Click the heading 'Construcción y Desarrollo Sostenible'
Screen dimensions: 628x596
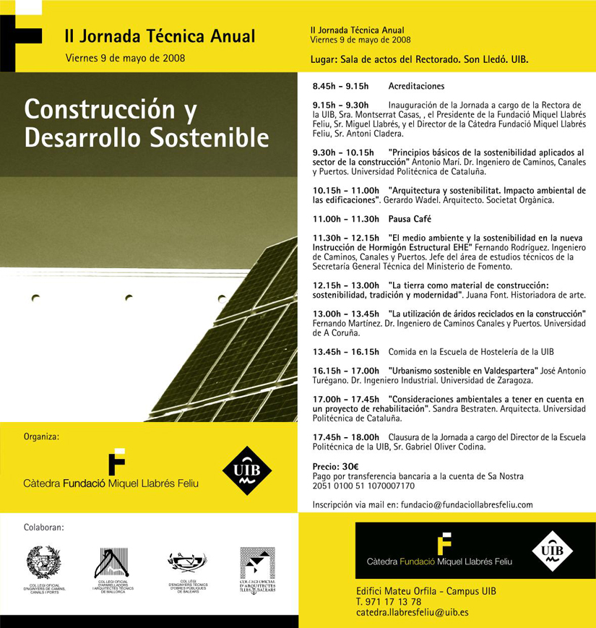(146, 123)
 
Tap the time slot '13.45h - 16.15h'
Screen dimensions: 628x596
(345, 352)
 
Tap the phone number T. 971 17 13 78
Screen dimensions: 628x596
(388, 601)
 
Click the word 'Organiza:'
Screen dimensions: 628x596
(41, 436)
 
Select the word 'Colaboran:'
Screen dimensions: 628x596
(43, 528)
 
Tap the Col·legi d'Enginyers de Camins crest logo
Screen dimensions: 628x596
(43, 562)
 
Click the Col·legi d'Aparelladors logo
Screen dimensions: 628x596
(113, 563)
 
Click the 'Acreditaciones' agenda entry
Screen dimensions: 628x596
(416, 86)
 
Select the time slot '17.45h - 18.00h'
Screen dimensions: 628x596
(345, 437)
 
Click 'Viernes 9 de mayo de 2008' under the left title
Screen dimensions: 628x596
(124, 58)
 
